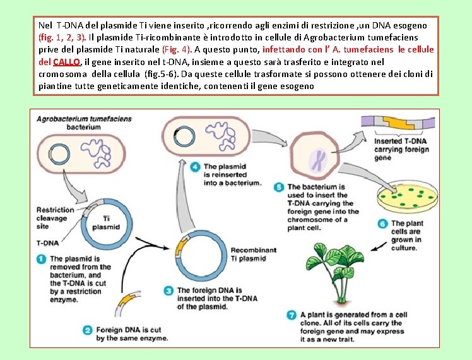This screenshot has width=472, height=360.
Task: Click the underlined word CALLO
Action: coord(66,62)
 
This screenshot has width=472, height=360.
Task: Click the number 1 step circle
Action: coord(42,258)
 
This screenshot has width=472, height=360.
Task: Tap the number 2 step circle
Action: coord(88,329)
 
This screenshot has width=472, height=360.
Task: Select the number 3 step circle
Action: coord(168,290)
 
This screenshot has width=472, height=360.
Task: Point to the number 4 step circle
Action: coord(196,167)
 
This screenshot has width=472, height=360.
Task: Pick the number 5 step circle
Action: coord(279,187)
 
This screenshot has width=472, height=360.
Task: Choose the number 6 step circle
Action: coord(382,224)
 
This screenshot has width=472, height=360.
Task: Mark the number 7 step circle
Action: coord(292,315)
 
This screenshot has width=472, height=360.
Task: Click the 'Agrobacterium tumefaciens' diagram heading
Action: coord(84,118)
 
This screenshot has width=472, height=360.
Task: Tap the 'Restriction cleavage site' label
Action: coord(56,217)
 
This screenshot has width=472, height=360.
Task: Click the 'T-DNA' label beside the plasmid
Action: coord(48,243)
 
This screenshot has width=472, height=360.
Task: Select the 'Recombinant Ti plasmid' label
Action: coord(253,254)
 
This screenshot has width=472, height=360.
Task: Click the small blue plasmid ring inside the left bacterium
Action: coord(59,153)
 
